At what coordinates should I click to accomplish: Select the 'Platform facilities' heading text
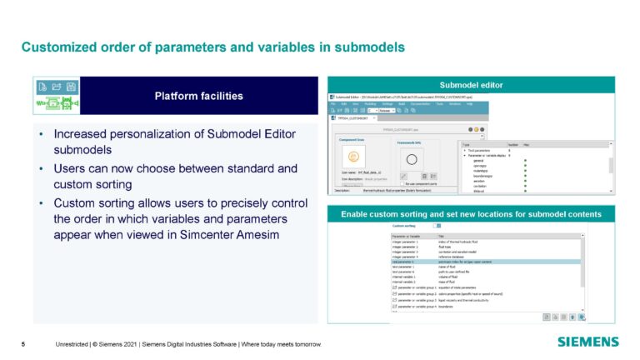pyautogui.click(x=198, y=96)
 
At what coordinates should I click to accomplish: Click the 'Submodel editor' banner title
pyautogui.click(x=472, y=85)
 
